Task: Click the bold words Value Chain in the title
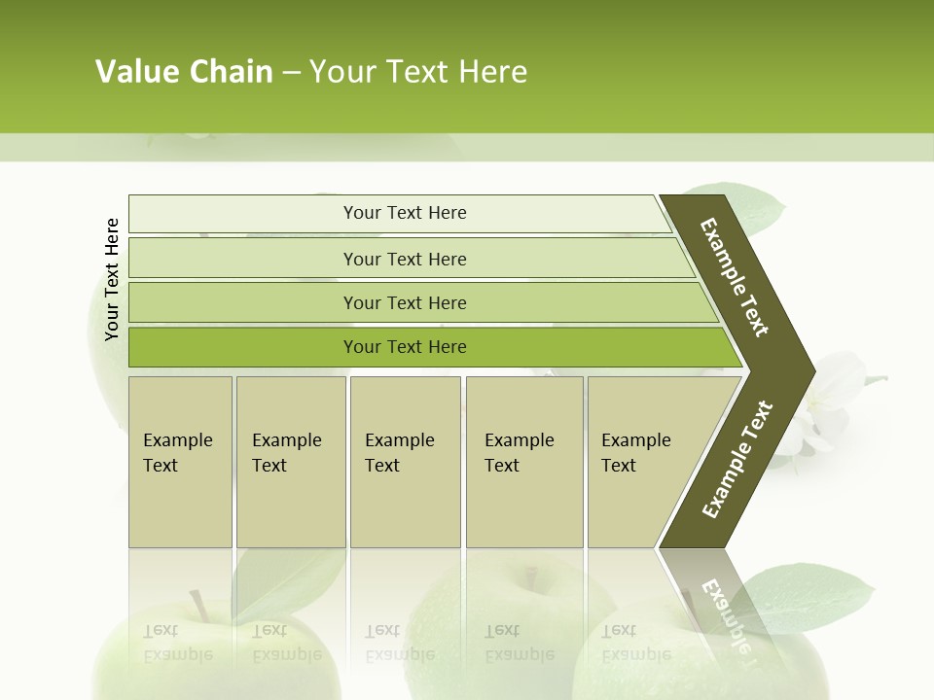tap(184, 72)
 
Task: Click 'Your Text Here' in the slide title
tap(418, 72)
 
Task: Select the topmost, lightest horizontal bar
tap(399, 213)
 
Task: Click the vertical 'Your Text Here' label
tap(112, 279)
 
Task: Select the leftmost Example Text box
tap(180, 461)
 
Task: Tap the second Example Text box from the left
tap(290, 461)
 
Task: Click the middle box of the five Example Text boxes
tap(405, 461)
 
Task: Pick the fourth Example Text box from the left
tap(523, 461)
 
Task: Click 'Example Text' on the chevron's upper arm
tap(735, 277)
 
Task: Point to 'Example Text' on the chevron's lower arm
tap(736, 460)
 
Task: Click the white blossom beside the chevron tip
tap(827, 408)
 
